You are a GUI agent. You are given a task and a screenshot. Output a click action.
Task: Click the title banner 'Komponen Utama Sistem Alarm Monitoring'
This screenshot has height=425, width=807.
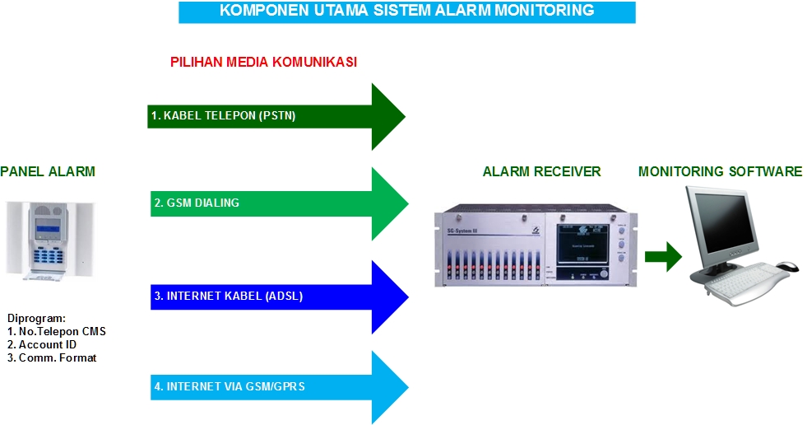(406, 12)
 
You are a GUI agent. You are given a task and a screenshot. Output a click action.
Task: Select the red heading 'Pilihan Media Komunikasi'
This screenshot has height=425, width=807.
(263, 63)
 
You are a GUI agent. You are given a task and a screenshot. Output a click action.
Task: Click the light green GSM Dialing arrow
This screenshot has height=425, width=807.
(278, 203)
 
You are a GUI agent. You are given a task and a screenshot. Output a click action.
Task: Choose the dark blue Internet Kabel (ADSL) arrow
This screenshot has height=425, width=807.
(278, 297)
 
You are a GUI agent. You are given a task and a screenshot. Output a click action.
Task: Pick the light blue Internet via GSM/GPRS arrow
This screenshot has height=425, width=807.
(278, 386)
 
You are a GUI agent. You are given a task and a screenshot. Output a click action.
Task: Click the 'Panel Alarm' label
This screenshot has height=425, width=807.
(48, 171)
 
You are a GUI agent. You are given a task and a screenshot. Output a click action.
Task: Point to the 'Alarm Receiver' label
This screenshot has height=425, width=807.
(541, 171)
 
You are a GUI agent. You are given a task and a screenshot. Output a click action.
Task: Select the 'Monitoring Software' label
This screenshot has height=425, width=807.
(720, 171)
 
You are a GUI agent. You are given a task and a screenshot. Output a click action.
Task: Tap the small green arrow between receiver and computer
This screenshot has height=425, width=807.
(663, 257)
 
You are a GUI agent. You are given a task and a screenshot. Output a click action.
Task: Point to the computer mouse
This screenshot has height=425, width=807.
(786, 267)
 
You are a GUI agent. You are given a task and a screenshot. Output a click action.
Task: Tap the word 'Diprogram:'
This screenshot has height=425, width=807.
(36, 319)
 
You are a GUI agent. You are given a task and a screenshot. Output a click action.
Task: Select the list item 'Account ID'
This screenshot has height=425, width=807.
(47, 345)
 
